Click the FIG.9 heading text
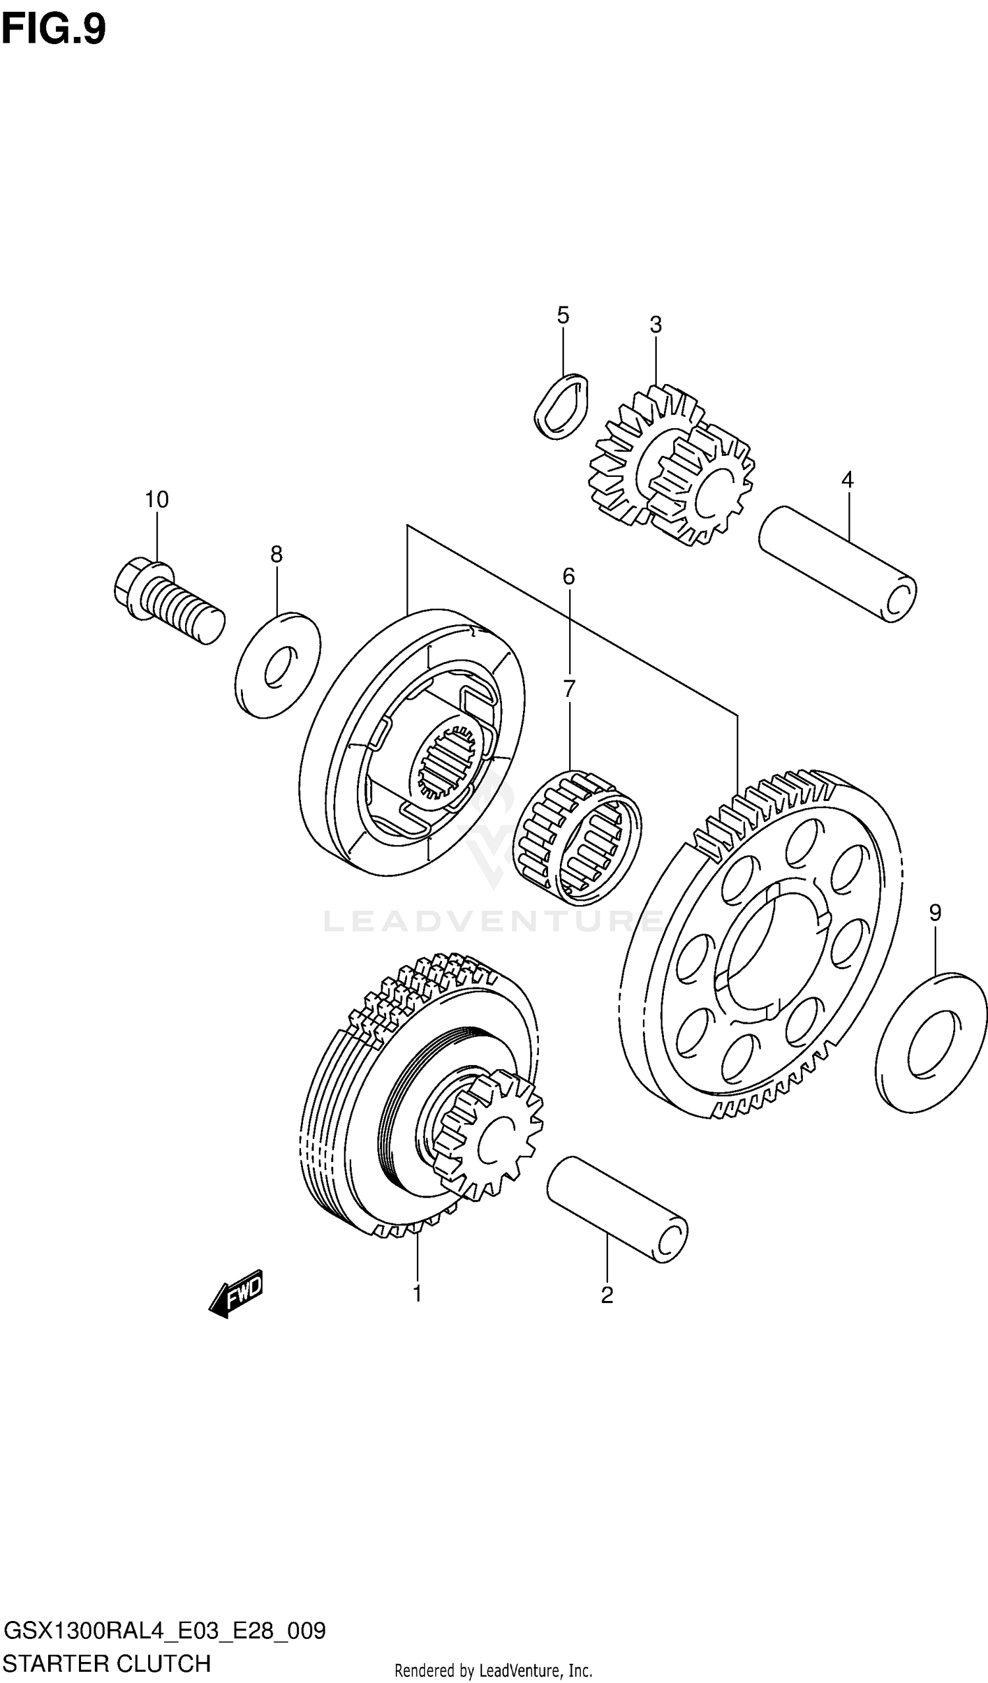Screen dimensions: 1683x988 pyautogui.click(x=53, y=30)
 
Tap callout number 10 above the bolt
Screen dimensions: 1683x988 pyautogui.click(x=157, y=499)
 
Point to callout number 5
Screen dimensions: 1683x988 pyautogui.click(x=563, y=316)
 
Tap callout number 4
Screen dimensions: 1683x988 pyautogui.click(x=847, y=480)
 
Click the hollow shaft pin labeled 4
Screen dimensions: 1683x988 pyautogui.click(x=838, y=565)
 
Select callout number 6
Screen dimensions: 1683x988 pyautogui.click(x=568, y=576)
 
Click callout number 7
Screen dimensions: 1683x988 pyautogui.click(x=568, y=688)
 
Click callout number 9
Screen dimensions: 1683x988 pyautogui.click(x=935, y=912)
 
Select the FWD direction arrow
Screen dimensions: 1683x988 pyautogui.click(x=236, y=1294)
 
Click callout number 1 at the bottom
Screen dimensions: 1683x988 pyautogui.click(x=417, y=1294)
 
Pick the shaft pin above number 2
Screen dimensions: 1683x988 pyautogui.click(x=617, y=1209)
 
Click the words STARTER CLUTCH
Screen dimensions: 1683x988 pyautogui.click(x=107, y=1664)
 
